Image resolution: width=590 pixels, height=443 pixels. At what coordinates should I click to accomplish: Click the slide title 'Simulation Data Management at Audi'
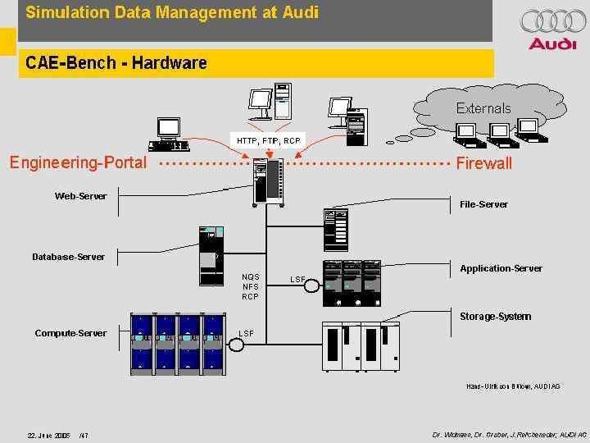pos(168,12)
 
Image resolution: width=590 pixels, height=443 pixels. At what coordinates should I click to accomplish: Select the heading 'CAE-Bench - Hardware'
pos(116,62)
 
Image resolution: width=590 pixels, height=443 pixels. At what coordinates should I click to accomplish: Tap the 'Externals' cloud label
pos(483,108)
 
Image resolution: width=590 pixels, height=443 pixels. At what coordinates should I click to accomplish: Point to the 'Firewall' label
pos(483,163)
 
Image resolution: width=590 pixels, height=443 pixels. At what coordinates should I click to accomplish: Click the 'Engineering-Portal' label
pos(78,162)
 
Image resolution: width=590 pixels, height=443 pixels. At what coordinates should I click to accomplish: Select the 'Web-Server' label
pos(80,196)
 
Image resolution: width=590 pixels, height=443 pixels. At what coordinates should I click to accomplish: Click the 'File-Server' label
pos(483,204)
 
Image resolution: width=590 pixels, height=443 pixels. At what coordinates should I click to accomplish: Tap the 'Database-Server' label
pos(69,257)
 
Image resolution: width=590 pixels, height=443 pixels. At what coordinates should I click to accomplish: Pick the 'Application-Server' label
pos(501,268)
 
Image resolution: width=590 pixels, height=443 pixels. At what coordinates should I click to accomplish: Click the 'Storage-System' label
pos(495,317)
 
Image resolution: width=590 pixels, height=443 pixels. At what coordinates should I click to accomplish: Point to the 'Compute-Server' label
pos(70,332)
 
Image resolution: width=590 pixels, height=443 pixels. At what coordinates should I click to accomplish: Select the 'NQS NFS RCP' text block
pos(250,286)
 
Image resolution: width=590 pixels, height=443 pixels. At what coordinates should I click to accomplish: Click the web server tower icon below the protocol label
pos(269,180)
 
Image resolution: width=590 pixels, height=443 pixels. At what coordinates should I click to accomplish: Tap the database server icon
pos(211,253)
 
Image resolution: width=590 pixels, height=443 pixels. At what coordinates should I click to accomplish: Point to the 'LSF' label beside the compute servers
pos(246,333)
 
